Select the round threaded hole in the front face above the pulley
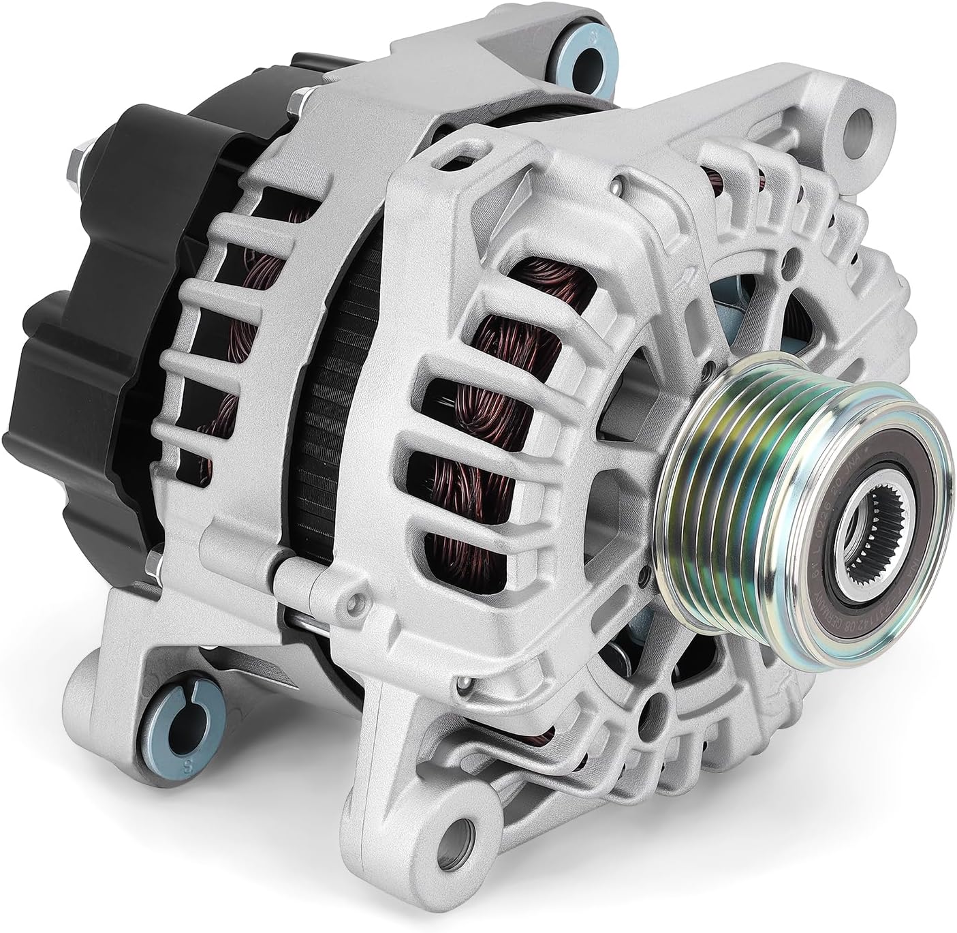pos(792,260)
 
